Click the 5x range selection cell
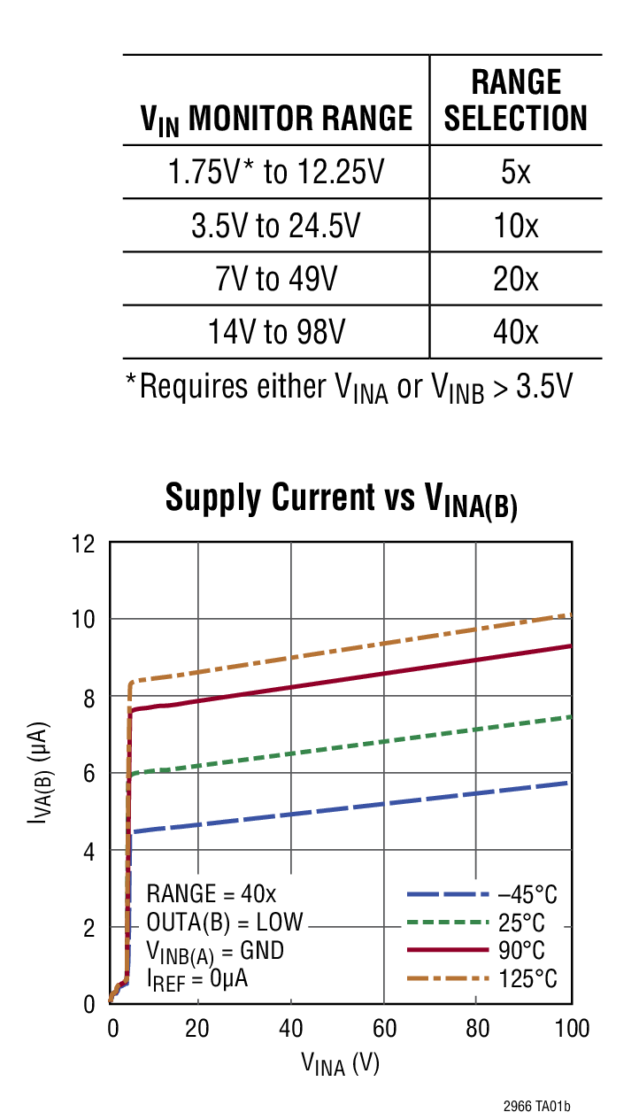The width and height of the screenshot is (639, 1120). [515, 172]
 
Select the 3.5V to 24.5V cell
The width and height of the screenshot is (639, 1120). [275, 226]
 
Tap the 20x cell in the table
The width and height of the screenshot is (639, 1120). [515, 279]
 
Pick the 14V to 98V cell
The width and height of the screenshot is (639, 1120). [275, 332]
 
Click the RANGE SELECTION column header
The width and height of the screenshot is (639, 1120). [515, 99]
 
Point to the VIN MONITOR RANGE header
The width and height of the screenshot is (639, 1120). [276, 119]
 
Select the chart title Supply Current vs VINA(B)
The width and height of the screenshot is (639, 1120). [341, 499]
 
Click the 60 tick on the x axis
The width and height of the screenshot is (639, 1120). [383, 1028]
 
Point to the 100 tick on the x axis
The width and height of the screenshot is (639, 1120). [570, 1028]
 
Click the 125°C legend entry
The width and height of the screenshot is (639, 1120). [483, 978]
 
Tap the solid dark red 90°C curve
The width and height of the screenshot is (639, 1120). [354, 682]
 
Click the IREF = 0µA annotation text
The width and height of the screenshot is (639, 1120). [197, 978]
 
